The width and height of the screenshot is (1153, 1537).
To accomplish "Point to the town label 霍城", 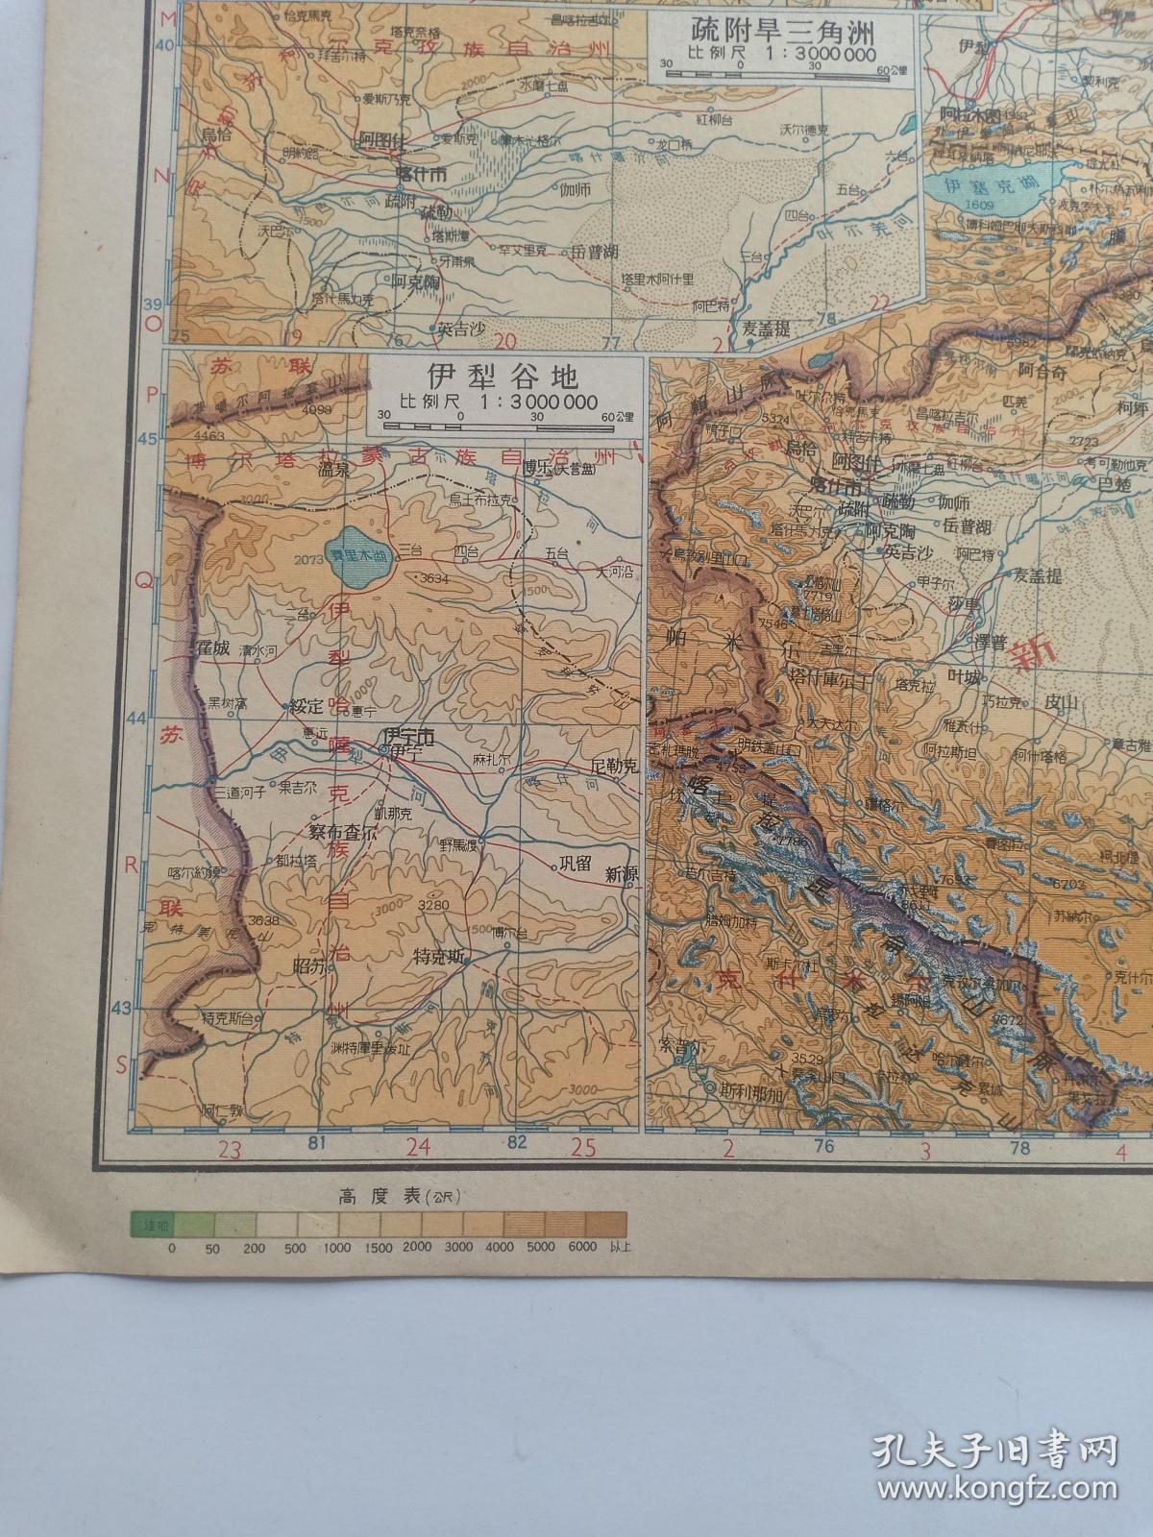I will (210, 647).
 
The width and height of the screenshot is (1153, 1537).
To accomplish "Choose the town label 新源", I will (621, 874).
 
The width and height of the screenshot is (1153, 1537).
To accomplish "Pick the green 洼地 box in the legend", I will (152, 1224).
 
